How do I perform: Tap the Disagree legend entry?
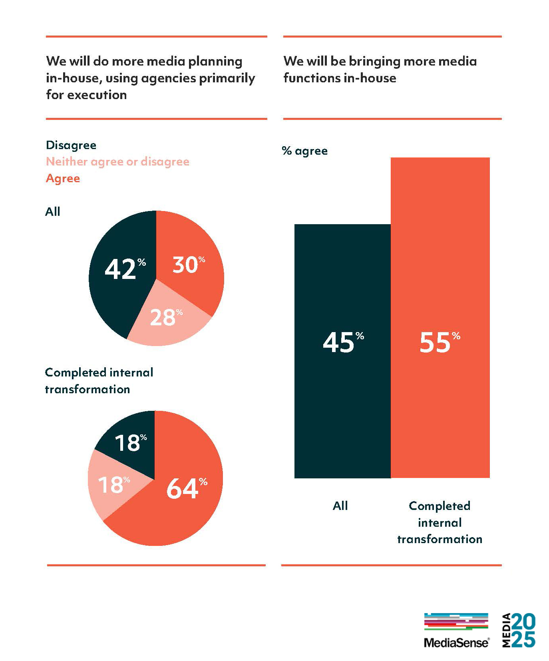(x=71, y=145)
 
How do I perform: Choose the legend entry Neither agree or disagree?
(x=117, y=161)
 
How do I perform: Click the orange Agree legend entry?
(x=63, y=178)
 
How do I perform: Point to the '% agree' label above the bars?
(x=304, y=151)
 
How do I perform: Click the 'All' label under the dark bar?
(x=340, y=506)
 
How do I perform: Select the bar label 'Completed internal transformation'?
(x=440, y=522)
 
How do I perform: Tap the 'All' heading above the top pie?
(x=53, y=212)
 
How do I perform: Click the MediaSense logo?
(x=456, y=630)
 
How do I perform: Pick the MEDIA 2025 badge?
(x=519, y=630)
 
